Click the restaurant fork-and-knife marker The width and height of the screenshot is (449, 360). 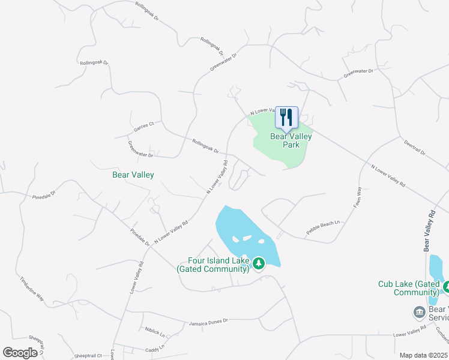[286, 117]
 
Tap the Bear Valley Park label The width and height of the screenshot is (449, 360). [291, 140]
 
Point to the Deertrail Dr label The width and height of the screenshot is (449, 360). [414, 148]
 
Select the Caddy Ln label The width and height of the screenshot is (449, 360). [154, 349]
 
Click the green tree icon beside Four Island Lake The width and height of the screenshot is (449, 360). [259, 263]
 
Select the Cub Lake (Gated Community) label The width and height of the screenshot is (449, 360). [409, 288]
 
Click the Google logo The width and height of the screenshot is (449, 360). [20, 353]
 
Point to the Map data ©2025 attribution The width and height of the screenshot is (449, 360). [423, 355]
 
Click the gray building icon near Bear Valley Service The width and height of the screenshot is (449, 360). [419, 312]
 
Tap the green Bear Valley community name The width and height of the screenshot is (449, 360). [133, 175]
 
